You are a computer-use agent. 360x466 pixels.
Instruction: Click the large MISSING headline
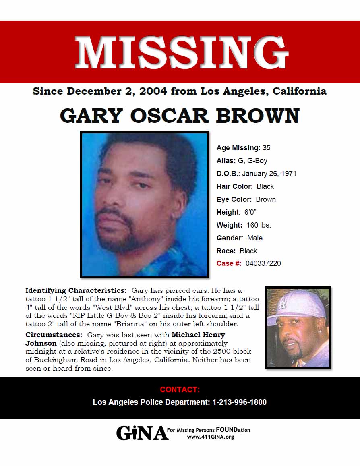click(x=181, y=52)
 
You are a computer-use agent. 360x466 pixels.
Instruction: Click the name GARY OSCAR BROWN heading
click(x=180, y=116)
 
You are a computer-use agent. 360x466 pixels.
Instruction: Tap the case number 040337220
click(x=263, y=263)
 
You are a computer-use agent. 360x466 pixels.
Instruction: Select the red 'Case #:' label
click(x=229, y=263)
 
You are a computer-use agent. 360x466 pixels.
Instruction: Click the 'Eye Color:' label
click(x=234, y=199)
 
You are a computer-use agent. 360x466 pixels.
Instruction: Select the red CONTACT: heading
click(x=180, y=389)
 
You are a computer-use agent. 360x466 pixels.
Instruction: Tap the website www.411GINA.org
click(x=210, y=437)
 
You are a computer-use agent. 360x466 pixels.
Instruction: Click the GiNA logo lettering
click(x=142, y=433)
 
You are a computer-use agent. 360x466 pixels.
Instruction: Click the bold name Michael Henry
click(x=198, y=335)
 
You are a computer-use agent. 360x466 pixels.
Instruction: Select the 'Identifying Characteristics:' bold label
click(x=76, y=290)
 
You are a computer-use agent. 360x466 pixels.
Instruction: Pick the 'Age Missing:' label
click(x=238, y=148)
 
